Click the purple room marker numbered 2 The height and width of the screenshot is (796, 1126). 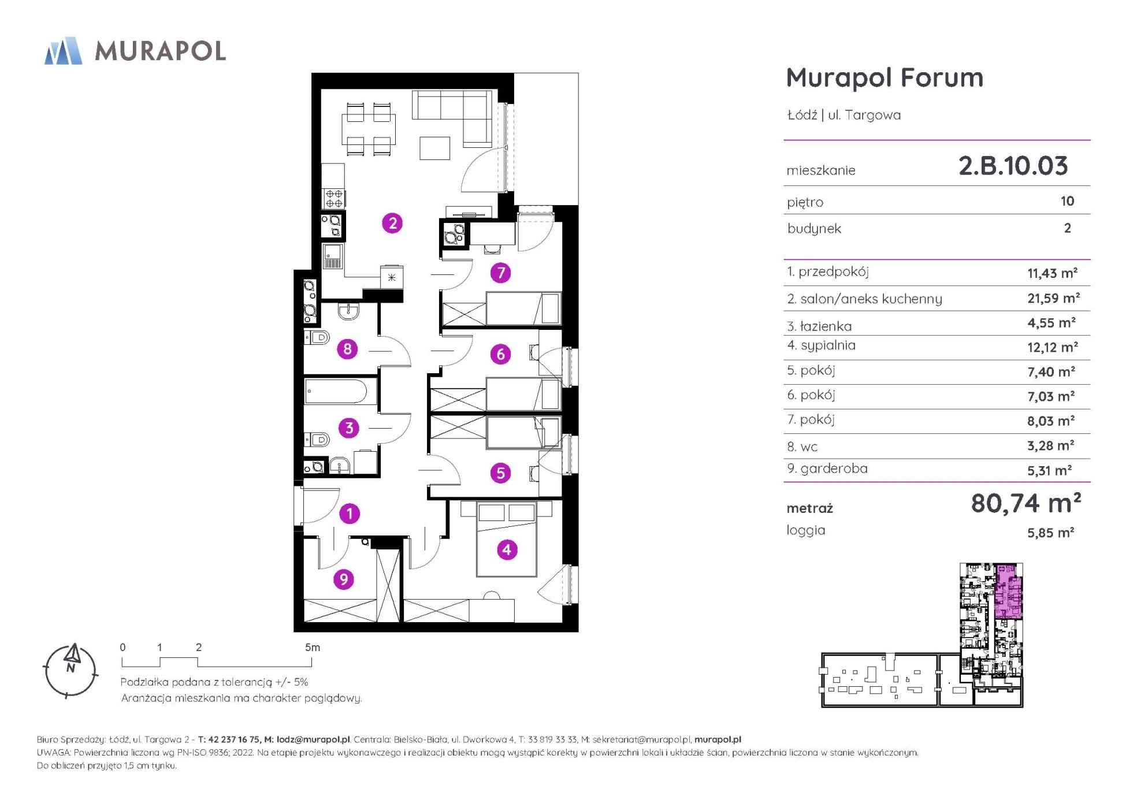(392, 223)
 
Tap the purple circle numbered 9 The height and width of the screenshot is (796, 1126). (344, 579)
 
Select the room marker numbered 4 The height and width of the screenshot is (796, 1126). (507, 549)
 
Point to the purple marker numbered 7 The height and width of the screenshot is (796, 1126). (501, 272)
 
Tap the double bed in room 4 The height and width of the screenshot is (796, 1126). (507, 539)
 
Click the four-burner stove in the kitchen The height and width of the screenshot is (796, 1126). (334, 198)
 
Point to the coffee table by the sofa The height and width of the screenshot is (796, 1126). (434, 148)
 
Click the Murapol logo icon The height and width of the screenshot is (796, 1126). (63, 51)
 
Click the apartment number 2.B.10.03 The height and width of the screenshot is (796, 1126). (1013, 166)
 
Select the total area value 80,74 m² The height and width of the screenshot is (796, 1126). (1026, 503)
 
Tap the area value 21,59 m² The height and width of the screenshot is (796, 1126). (1053, 298)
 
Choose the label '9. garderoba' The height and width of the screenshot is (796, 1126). (827, 468)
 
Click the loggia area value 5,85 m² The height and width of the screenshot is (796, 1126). (1050, 532)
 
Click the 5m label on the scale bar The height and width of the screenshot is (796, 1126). (312, 648)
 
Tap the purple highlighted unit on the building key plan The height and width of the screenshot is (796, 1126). (1008, 592)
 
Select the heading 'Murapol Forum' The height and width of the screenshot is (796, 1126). (885, 77)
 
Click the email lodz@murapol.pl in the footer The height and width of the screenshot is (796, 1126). (313, 739)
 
